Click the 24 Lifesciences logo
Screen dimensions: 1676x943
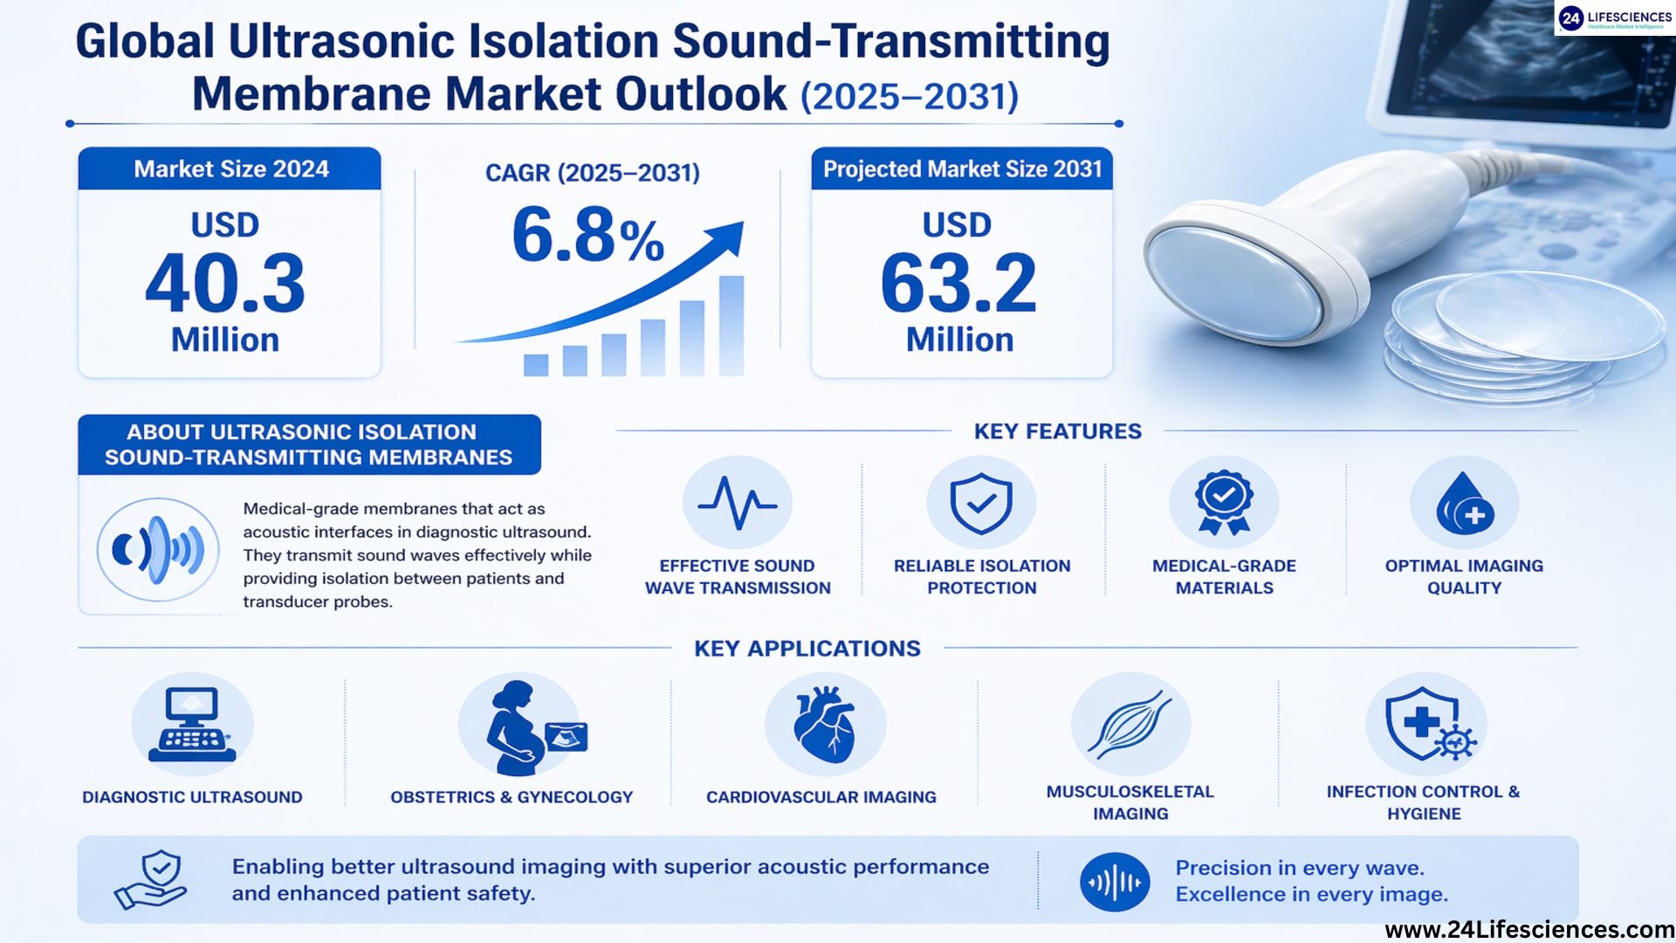pos(1615,18)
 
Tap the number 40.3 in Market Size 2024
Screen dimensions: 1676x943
pos(225,284)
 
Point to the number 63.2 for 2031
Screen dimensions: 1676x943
pos(958,284)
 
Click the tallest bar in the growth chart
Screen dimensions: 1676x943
pos(732,326)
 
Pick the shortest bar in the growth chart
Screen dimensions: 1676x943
pos(536,365)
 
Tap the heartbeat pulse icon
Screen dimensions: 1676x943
pos(738,503)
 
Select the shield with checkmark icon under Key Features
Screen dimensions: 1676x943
pos(981,503)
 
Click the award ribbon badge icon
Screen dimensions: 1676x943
pos(1224,503)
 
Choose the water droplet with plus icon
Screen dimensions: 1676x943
pos(1465,504)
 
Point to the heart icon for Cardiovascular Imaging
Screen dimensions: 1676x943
pos(825,724)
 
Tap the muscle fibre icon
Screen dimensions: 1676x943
pos(1130,725)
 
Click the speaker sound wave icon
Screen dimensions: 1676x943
pos(158,550)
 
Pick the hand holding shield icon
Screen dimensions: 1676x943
pos(150,880)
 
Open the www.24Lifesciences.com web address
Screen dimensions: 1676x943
pos(1529,930)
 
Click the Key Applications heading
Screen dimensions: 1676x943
pos(807,649)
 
